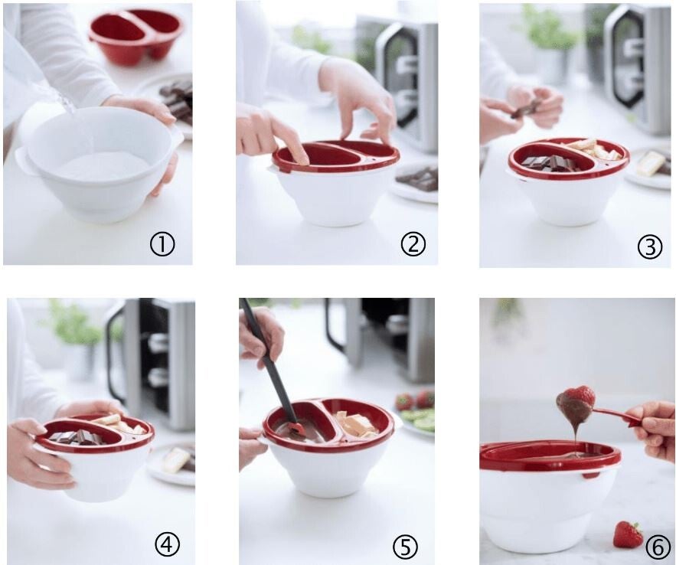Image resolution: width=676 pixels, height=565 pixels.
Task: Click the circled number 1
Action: tap(162, 245)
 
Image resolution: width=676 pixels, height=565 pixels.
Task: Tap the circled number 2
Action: tap(413, 243)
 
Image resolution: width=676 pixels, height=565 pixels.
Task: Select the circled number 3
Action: tap(649, 247)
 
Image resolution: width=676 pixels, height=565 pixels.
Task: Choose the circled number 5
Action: tap(405, 547)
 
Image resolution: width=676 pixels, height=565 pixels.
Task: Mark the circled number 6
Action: tap(658, 547)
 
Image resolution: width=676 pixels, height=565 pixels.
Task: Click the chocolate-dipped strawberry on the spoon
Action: tap(576, 403)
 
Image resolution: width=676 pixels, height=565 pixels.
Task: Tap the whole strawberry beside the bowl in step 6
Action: tap(628, 534)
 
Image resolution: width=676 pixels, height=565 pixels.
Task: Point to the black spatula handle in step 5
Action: tap(268, 358)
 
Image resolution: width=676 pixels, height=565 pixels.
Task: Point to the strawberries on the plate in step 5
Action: tap(414, 400)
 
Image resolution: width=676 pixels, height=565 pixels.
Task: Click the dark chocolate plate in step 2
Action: tap(415, 181)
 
